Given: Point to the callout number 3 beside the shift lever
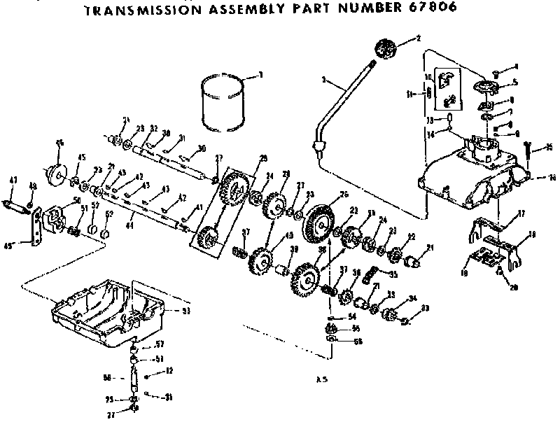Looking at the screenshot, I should [323, 80].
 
